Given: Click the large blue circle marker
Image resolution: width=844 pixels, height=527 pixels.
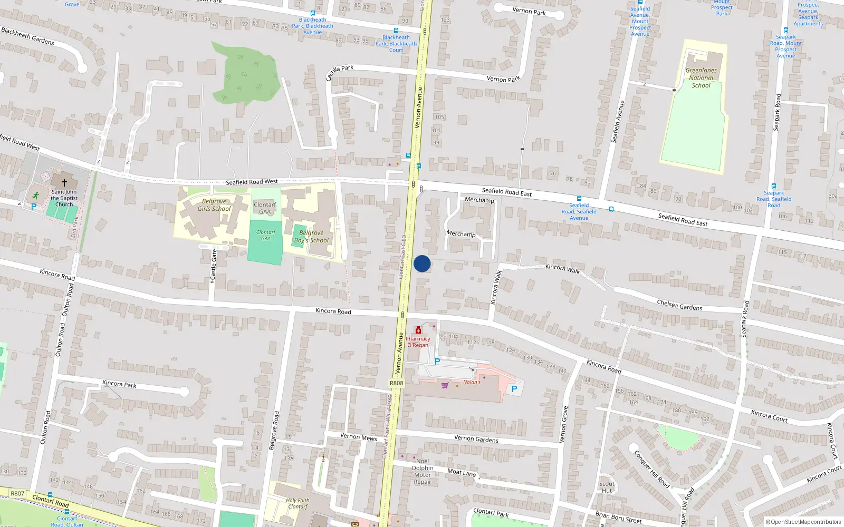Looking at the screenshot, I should pos(422,263).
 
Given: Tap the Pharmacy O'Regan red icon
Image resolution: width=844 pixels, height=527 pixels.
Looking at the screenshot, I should pos(418,330).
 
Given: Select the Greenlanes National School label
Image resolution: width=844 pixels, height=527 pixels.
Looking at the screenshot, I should pos(701,77).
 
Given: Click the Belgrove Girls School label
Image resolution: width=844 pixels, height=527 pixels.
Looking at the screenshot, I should pos(214,205).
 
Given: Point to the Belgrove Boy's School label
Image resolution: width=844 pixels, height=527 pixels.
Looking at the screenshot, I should pos(311,237).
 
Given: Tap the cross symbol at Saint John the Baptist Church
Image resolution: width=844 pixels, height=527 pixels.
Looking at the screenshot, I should pos(64,183).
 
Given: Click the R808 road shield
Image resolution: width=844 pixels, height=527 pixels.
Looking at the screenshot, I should pos(396,383).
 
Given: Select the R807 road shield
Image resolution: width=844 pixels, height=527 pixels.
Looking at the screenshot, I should pos(17,494).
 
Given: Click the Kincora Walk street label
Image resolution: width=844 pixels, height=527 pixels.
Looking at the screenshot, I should pos(562,269).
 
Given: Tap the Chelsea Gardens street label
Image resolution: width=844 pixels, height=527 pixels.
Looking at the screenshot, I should pos(679,305).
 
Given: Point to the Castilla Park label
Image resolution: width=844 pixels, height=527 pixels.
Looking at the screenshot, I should pos(339,72).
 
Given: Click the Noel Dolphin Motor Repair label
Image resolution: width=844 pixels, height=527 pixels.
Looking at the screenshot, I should pos(423,471).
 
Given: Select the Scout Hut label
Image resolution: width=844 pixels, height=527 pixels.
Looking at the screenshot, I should pos(607,487).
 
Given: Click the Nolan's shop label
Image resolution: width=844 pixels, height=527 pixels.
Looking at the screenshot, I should pos(472,382).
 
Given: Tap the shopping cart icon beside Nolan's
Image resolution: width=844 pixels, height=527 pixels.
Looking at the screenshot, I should pos(445,385).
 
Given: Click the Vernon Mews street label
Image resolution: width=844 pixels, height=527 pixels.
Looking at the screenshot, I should pos(358,437).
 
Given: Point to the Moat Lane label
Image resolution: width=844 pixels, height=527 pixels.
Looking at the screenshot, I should pos(462,473).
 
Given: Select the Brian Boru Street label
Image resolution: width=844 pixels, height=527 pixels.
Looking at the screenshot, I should pos(618,518).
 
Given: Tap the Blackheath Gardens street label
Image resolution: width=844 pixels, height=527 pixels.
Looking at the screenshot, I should pos(27,36).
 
